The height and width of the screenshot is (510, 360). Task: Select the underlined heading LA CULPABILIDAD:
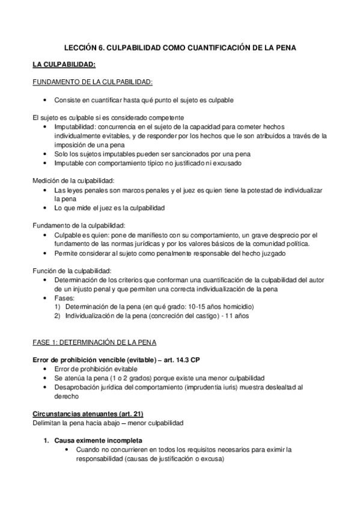point(64,64)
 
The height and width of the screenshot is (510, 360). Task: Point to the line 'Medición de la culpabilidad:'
point(73,180)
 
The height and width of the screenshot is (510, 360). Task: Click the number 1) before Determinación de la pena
point(58,307)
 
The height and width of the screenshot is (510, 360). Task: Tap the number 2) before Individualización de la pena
point(58,316)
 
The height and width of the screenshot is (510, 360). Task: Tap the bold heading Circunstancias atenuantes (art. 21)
point(87,414)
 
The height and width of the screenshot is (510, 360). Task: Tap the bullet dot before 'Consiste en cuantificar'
point(46,99)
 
